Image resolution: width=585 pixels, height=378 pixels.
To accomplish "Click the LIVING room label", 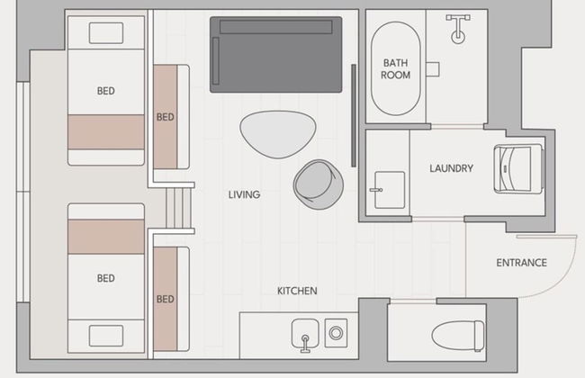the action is (x=245, y=194).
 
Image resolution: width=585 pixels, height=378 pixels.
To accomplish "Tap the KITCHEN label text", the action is (x=297, y=291).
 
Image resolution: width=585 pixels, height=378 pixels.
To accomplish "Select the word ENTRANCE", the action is (x=521, y=263).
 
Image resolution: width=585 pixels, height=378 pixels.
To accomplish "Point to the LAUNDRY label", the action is (x=451, y=168).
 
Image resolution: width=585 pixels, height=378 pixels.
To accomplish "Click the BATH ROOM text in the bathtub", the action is (x=395, y=69).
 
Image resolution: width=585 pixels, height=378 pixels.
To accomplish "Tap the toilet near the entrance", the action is (x=458, y=336).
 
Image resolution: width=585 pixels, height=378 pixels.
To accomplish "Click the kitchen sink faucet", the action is (x=305, y=344).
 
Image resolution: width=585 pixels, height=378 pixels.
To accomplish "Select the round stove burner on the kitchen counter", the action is (x=336, y=332).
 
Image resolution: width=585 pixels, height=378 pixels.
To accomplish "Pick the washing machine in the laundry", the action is (x=518, y=169).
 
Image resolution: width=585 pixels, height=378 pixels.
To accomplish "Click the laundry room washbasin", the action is (x=389, y=190).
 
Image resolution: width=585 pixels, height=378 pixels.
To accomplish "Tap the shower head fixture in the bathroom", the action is (x=458, y=29).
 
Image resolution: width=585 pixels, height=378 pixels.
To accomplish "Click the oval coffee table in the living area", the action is (x=277, y=133).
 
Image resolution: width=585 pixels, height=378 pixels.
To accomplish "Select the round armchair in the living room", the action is (x=319, y=184).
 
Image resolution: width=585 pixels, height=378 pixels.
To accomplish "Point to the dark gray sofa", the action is (x=275, y=55).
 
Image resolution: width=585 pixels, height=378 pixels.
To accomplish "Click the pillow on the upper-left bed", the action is (x=106, y=32).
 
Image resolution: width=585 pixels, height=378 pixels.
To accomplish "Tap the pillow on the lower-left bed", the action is (x=106, y=336).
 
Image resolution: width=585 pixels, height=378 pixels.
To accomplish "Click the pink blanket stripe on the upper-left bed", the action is (x=106, y=131).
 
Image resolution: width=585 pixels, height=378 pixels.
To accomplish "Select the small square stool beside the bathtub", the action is (x=433, y=69).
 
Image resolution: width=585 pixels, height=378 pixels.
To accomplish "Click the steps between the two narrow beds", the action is (x=179, y=208).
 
